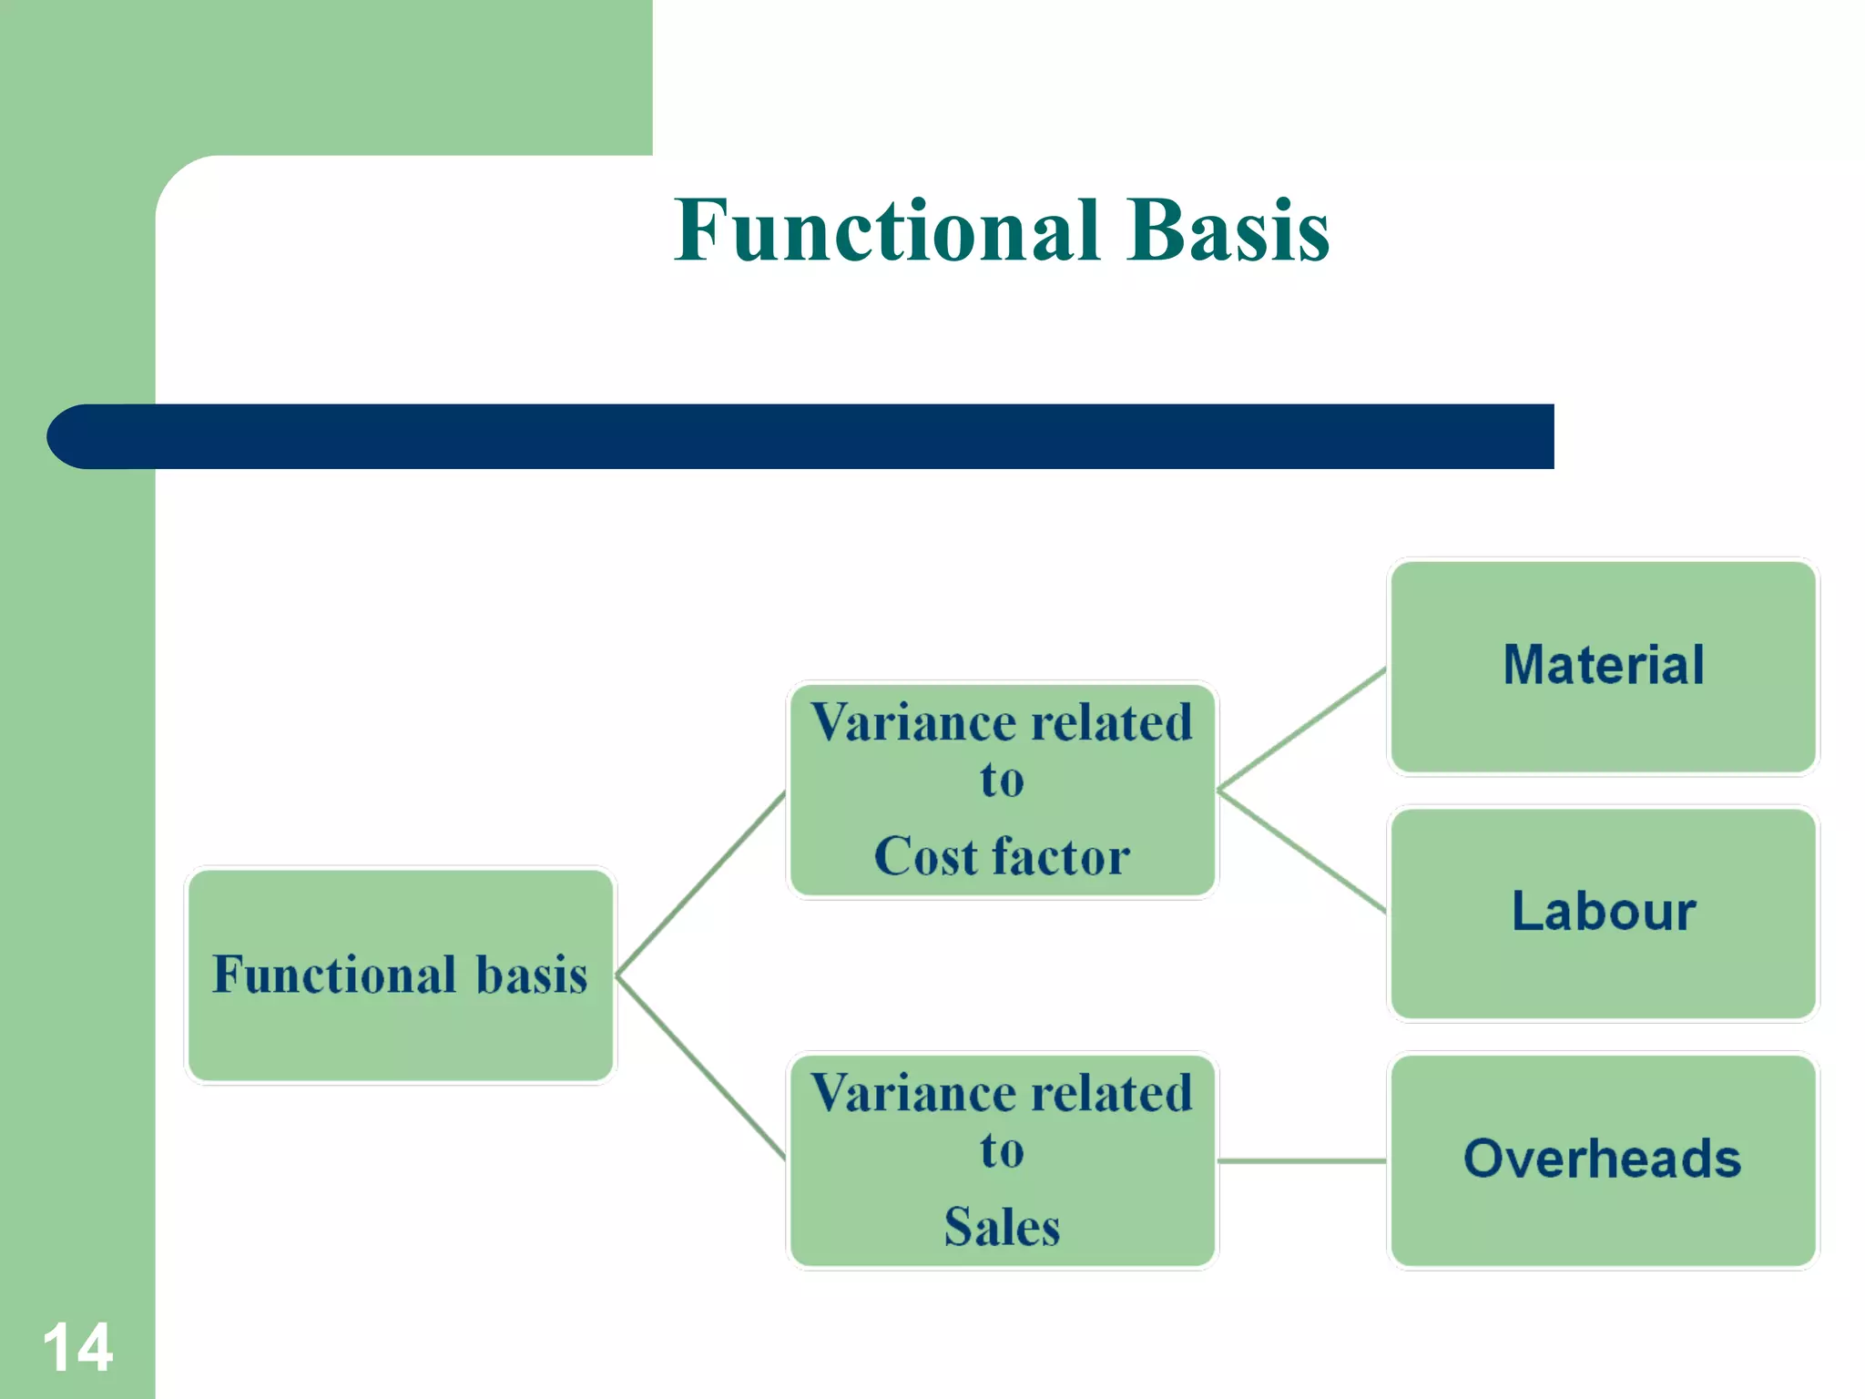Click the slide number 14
click(77, 1347)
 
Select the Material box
click(1603, 666)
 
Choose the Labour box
click(1603, 912)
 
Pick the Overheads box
click(1603, 1159)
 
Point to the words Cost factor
click(1002, 856)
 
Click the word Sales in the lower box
click(1002, 1227)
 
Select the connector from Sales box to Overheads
click(1302, 1161)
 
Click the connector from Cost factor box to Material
click(1302, 729)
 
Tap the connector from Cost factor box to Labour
click(1302, 852)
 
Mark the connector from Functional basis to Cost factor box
click(701, 883)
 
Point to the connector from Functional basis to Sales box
click(701, 1067)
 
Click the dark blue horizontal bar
click(820, 437)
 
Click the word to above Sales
click(1002, 1150)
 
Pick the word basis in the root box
click(532, 975)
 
